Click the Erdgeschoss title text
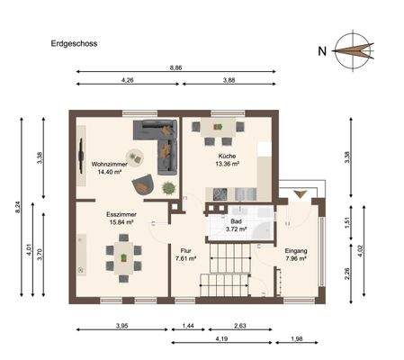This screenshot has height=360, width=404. [x=75, y=42]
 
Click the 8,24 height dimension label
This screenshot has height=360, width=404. [x=18, y=206]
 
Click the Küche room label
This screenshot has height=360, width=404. [x=226, y=155]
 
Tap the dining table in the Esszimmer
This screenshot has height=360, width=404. [x=123, y=257]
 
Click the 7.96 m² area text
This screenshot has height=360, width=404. [x=296, y=259]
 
